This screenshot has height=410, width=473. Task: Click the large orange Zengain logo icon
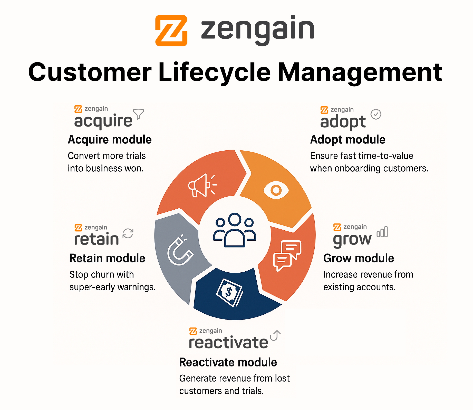171,30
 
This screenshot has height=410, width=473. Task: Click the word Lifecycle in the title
215,73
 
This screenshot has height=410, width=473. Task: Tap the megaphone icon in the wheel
202,185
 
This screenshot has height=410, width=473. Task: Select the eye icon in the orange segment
276,190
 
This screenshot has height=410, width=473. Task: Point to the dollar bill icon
229,292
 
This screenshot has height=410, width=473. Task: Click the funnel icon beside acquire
139,114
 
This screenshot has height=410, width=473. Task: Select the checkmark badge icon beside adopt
376,114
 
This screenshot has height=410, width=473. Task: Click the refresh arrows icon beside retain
128,233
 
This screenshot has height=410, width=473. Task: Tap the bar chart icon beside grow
382,232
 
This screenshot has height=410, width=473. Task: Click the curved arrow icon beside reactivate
276,335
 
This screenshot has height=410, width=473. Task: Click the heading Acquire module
110,140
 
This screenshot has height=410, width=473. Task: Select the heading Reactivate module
228,362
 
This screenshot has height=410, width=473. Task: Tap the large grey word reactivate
228,342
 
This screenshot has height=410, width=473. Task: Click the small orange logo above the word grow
337,227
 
